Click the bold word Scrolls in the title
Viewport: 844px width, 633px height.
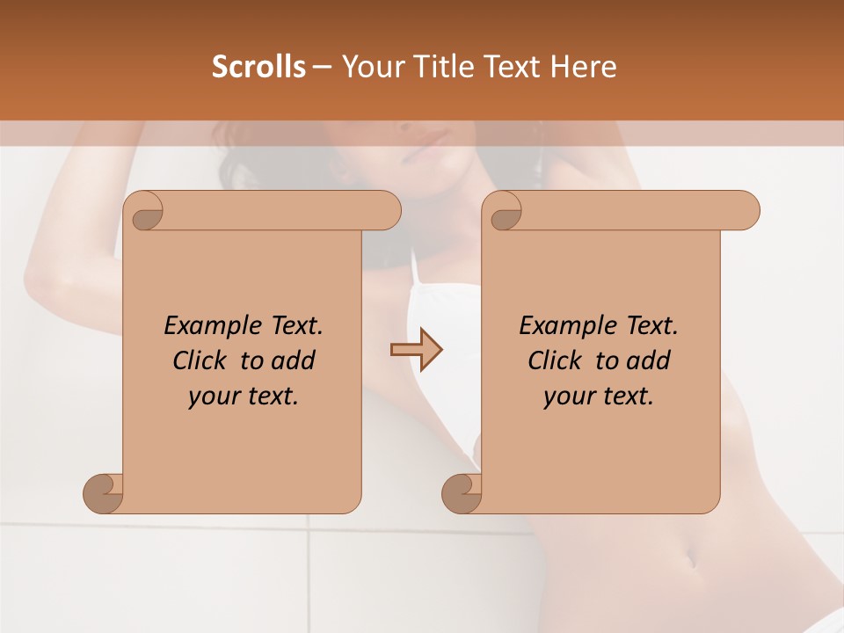pos(258,66)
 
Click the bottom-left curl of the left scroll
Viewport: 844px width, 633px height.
pos(104,494)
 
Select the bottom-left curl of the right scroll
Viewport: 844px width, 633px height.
pos(462,494)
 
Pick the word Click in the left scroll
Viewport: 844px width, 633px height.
pos(201,360)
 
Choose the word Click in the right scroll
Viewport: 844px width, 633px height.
pos(557,360)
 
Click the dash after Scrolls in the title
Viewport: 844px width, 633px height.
pos(322,67)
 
